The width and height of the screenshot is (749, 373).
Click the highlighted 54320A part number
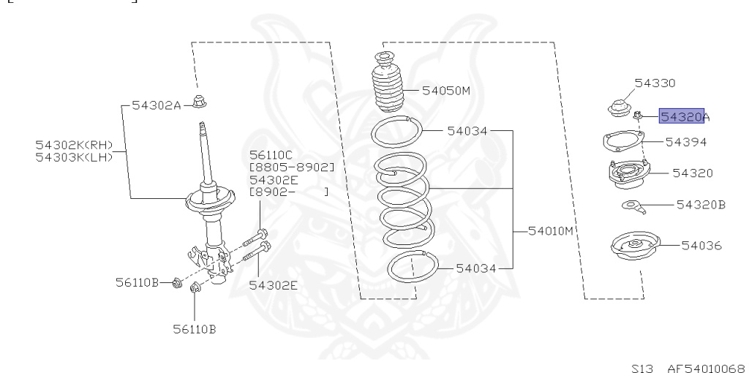point(685,116)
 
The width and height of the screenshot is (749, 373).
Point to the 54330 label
point(655,83)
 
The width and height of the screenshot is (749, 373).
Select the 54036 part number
point(701,245)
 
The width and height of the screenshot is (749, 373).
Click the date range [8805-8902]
point(292,167)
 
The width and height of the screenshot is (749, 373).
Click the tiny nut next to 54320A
point(639,115)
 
